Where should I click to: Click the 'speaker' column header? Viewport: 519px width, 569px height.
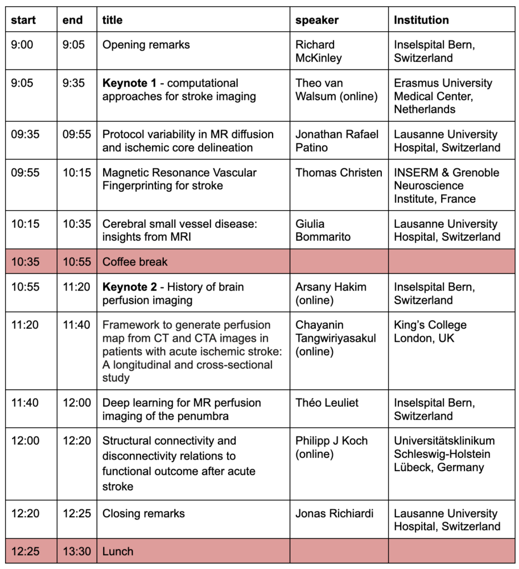click(317, 20)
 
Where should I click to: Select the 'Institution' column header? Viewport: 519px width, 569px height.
click(421, 20)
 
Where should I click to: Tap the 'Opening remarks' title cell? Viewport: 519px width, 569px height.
click(146, 44)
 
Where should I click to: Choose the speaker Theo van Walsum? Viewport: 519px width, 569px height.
click(336, 90)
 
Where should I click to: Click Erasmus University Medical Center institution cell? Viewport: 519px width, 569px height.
click(443, 96)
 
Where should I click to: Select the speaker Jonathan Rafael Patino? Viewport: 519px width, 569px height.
click(337, 141)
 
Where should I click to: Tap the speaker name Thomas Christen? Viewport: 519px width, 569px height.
click(339, 173)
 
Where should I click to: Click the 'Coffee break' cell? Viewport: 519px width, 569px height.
click(135, 262)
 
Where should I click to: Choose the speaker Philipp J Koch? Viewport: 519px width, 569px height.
click(331, 447)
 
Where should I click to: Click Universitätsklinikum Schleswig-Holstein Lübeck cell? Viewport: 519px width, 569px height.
click(444, 454)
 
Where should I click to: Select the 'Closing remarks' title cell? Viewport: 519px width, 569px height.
click(143, 513)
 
